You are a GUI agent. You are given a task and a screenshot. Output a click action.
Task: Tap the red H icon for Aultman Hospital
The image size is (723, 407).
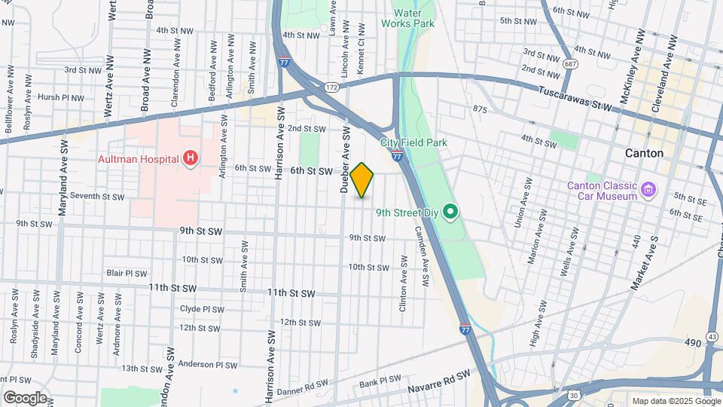(191, 158)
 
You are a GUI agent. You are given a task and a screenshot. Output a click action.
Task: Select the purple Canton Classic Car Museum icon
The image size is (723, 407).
(648, 186)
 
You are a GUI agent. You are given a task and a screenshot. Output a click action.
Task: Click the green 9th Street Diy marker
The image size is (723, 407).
(450, 212)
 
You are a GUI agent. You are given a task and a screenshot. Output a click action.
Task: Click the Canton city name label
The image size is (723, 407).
(644, 153)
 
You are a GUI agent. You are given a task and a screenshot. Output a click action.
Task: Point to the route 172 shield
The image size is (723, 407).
(331, 88)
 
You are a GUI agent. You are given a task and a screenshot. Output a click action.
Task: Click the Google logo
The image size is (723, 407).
(24, 398)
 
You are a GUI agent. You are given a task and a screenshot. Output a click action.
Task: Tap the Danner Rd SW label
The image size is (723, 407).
(302, 390)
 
